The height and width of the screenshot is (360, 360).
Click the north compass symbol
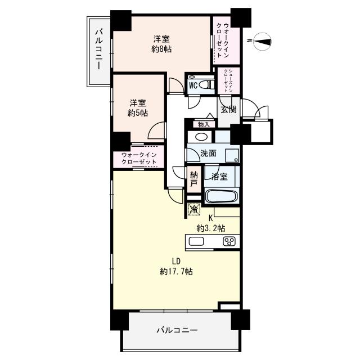pyautogui.click(x=263, y=40)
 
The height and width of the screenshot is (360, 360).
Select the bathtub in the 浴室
pyautogui.click(x=222, y=196)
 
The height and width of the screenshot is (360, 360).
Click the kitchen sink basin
pyautogui.click(x=196, y=241)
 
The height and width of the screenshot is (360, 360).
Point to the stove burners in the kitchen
pyautogui.click(x=229, y=242)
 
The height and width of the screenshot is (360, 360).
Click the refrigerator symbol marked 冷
pyautogui.click(x=194, y=209)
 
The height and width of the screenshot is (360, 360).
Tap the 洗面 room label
pyautogui.click(x=208, y=153)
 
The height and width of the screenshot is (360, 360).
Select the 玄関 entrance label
pyautogui.click(x=228, y=109)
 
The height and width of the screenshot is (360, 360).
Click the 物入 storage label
pyautogui.click(x=203, y=124)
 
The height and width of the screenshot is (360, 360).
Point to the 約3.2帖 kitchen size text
pyautogui.click(x=211, y=228)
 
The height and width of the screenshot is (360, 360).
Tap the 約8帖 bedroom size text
pyautogui.click(x=161, y=49)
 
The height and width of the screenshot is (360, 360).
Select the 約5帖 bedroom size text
pyautogui.click(x=138, y=113)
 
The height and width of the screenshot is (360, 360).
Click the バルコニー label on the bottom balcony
pyautogui.click(x=177, y=330)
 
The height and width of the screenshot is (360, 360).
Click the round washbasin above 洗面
pyautogui.click(x=200, y=137)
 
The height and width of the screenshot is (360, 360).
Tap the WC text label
pyautogui.click(x=193, y=85)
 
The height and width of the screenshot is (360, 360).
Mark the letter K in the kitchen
pyautogui.click(x=211, y=218)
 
